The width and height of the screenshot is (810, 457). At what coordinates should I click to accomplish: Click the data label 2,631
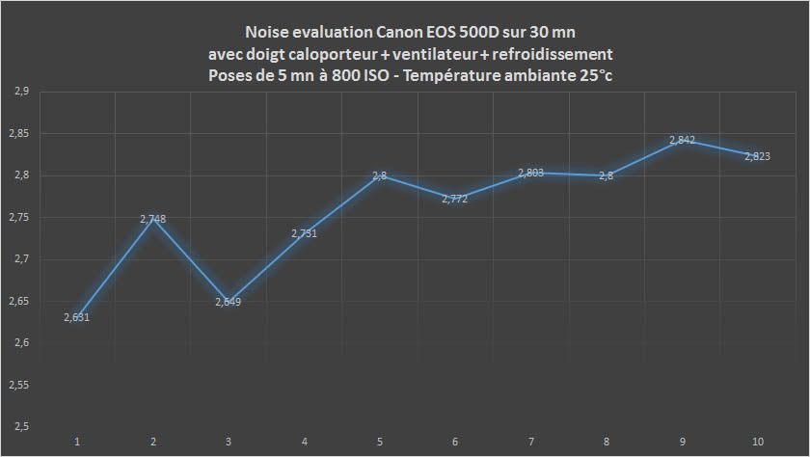(77, 318)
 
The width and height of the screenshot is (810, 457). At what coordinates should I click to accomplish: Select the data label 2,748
(153, 219)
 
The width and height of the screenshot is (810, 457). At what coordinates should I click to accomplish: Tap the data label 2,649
(229, 303)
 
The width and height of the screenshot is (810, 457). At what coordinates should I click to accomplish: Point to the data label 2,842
(682, 141)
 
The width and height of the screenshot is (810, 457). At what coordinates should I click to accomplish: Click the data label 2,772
(455, 200)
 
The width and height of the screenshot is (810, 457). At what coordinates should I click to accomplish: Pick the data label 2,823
(757, 156)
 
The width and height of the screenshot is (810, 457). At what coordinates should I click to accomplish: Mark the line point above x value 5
(380, 175)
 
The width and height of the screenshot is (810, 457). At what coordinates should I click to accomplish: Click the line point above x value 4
(305, 233)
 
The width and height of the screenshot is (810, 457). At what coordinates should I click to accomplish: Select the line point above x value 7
(531, 173)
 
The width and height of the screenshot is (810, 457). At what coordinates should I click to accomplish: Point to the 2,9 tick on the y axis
(21, 92)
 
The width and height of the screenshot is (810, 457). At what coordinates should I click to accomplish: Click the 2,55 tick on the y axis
(21, 385)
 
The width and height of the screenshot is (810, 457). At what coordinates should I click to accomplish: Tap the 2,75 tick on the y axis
(21, 218)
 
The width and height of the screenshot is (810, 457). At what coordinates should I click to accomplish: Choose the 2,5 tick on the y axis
(21, 427)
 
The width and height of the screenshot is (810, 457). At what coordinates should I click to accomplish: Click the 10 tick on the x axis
(758, 442)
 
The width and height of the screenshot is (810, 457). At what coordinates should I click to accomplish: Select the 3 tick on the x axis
(229, 442)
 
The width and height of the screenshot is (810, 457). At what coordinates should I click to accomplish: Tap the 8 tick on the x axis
(607, 442)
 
